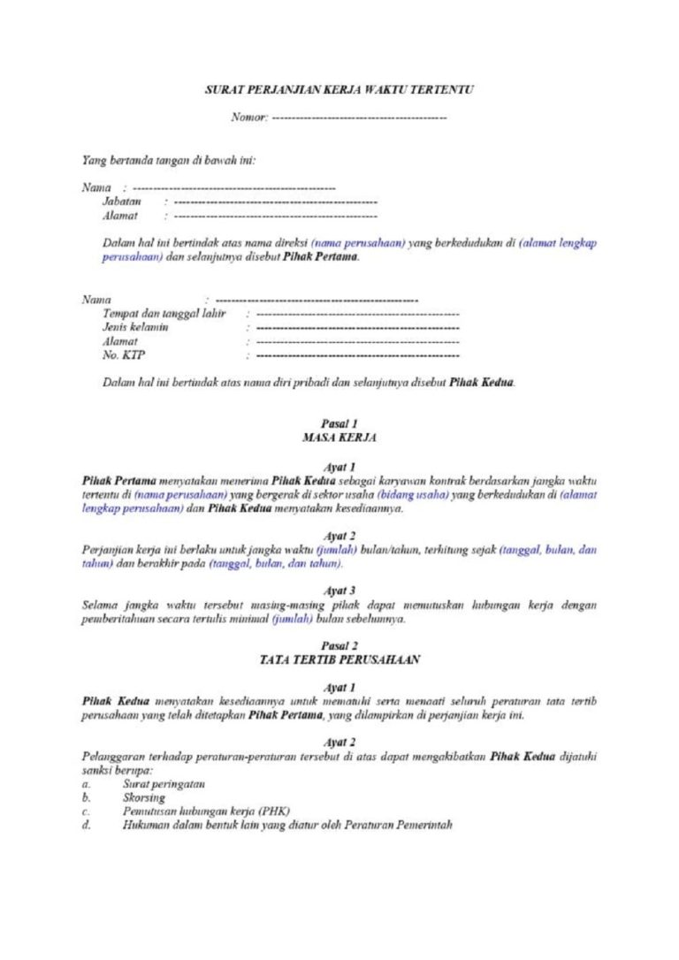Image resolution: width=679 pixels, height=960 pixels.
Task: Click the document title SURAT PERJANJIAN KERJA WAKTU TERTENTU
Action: coord(339,90)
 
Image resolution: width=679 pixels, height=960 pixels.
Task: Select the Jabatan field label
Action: coord(122,202)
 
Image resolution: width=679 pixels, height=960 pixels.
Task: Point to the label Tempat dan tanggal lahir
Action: coord(164,314)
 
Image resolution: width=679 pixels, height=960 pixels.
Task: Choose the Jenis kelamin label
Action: coord(136,327)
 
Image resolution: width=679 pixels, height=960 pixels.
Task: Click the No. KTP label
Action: coord(125,355)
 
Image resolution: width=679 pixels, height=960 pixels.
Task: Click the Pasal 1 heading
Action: coord(339,423)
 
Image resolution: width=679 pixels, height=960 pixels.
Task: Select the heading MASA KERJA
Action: coord(339,437)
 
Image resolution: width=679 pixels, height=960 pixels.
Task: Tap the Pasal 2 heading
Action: coord(339,646)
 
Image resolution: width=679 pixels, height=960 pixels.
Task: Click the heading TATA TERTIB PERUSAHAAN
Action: coord(339,659)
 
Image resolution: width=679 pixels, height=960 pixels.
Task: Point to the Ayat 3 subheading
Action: coord(339,590)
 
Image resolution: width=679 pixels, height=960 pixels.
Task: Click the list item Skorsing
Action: coord(144,797)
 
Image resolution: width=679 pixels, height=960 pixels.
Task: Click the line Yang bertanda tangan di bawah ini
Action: coord(169,161)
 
